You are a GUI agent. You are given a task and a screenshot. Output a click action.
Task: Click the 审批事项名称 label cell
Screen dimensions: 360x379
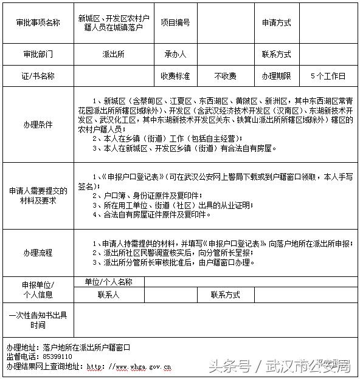(x=38, y=23)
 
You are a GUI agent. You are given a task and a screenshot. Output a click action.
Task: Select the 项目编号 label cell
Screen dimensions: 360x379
(x=175, y=23)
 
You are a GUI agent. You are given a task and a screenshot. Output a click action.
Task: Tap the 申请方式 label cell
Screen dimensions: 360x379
(x=276, y=23)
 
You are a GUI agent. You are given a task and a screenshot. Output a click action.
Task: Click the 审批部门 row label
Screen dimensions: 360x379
(x=38, y=54)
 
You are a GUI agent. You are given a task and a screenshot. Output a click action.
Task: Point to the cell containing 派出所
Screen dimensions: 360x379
(x=113, y=54)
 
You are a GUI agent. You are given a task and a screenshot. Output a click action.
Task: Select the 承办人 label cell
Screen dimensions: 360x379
(x=175, y=54)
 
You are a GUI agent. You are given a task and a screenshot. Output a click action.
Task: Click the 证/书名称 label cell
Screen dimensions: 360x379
(x=38, y=76)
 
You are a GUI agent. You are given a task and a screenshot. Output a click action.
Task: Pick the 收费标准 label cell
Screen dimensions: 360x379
(x=175, y=76)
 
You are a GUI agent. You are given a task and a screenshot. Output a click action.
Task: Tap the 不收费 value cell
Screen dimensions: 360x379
(x=225, y=76)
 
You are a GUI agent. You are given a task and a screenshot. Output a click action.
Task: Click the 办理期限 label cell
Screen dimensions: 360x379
(x=276, y=76)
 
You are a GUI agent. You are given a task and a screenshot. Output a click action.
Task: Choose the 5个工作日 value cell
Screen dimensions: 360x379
(x=327, y=76)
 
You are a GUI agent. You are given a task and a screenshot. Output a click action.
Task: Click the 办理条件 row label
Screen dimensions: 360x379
(x=38, y=125)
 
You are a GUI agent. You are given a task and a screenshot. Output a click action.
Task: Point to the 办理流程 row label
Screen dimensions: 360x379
(x=38, y=252)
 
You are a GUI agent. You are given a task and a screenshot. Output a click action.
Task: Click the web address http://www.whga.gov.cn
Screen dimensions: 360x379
(x=128, y=366)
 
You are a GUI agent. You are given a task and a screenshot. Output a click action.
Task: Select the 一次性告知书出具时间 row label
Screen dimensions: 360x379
(x=38, y=320)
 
